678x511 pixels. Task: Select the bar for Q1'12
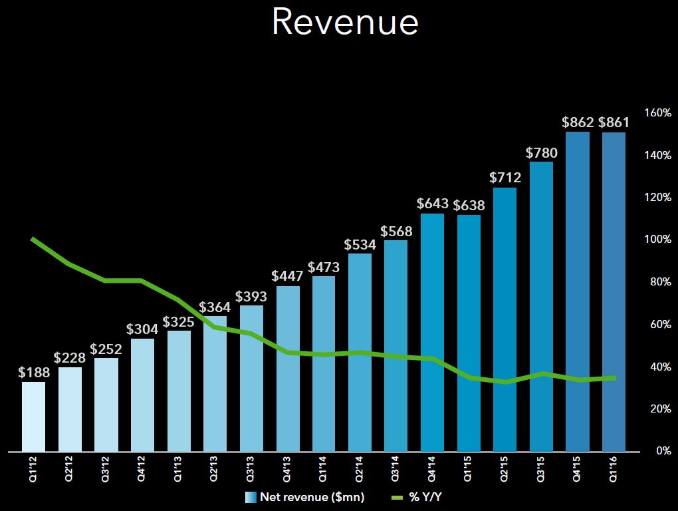tap(33, 417)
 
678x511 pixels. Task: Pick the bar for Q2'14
tap(360, 353)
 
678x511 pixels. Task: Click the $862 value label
tap(578, 122)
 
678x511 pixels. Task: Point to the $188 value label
tap(34, 373)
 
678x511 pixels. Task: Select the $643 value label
tap(432, 204)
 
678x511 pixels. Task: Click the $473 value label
tap(324, 267)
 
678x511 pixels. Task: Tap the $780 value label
tap(542, 152)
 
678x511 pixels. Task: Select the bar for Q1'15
tap(469, 333)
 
